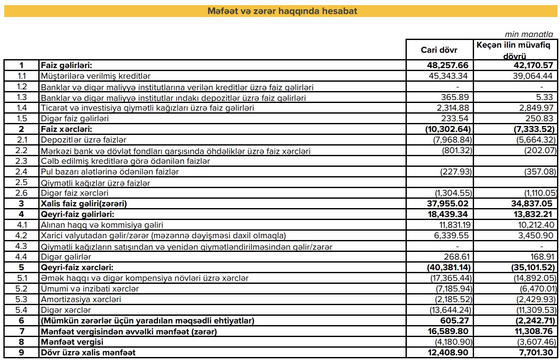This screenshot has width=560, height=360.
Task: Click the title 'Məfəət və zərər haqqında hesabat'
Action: coord(282,11)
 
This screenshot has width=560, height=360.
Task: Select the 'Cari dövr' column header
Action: coord(439,50)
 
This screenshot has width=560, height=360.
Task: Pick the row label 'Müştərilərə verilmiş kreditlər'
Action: coord(96,76)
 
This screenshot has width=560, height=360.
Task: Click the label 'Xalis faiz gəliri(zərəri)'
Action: coord(84,204)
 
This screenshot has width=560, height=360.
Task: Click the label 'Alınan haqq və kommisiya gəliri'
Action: coord(102,225)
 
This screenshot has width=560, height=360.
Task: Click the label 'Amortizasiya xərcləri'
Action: coord(81,300)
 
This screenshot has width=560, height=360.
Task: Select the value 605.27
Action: coord(457,321)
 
